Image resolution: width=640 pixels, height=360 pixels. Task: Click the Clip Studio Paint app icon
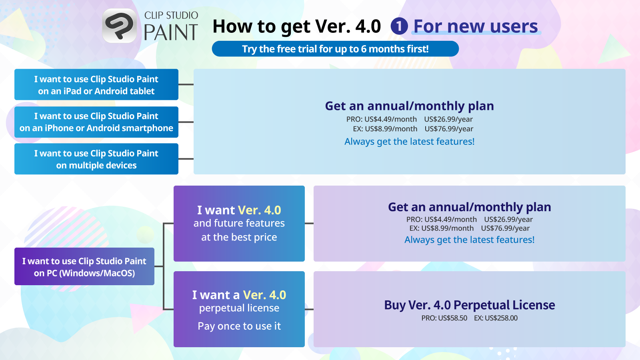[119, 26]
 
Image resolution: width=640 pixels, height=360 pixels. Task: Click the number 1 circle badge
[399, 26]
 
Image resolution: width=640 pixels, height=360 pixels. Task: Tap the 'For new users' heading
[476, 26]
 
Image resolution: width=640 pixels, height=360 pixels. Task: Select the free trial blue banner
[335, 49]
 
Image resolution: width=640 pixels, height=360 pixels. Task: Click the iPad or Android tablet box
[96, 84]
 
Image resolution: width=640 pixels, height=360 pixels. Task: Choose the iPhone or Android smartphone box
[96, 122]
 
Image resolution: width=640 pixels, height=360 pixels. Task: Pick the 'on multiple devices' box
[96, 159]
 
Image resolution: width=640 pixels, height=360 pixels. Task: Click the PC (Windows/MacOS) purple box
[84, 266]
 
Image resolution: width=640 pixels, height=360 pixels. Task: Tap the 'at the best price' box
[239, 224]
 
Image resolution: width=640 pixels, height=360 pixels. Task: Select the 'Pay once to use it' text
[239, 326]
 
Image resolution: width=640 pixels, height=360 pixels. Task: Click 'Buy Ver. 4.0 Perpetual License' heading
[469, 305]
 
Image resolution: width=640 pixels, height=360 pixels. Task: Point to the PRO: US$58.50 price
[444, 318]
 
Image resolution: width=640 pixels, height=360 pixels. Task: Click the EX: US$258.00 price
[496, 318]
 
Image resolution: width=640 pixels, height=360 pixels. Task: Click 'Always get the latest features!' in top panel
[409, 142]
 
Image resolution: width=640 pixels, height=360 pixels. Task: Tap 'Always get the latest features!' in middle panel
[469, 240]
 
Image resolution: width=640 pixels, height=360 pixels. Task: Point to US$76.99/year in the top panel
[449, 129]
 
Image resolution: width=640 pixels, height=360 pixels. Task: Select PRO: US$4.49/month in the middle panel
[441, 219]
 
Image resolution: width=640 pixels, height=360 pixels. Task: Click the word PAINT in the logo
[171, 33]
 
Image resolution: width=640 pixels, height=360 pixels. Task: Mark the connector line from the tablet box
[186, 84]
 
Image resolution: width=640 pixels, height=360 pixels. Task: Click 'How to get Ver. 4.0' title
[296, 26]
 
